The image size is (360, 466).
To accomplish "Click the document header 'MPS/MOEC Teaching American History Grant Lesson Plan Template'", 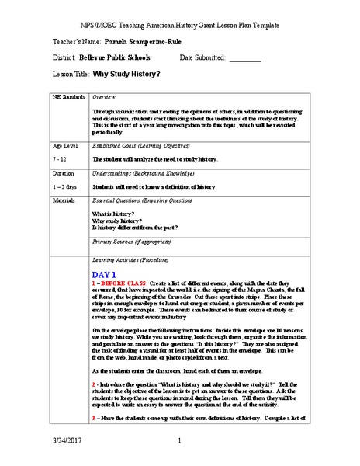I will (x=180, y=24).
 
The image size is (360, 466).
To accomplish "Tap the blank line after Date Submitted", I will (x=246, y=59).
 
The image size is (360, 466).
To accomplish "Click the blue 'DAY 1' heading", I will (x=104, y=275).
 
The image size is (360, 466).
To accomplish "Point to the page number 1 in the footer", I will (x=178, y=443).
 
